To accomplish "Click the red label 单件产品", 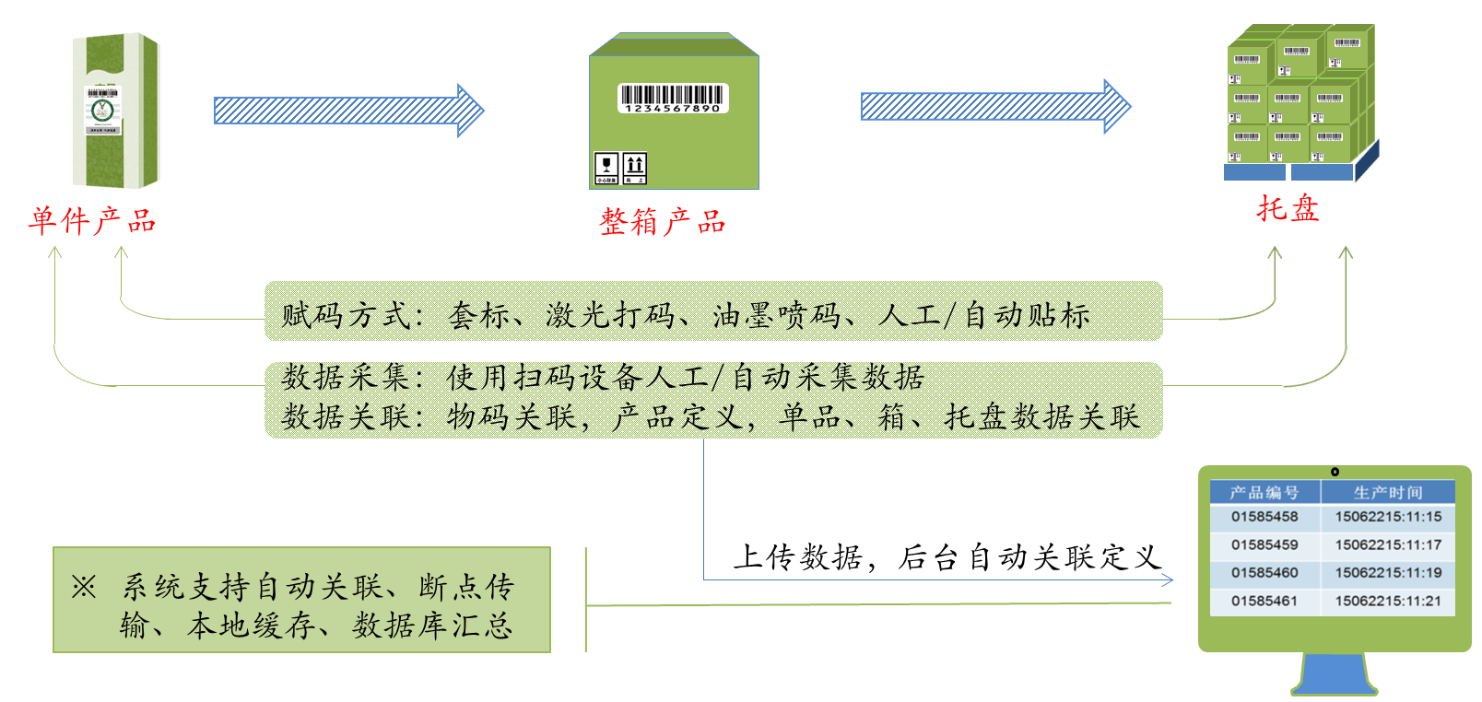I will point(92,221).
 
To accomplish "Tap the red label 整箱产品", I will point(663,222).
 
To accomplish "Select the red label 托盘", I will point(1288,208).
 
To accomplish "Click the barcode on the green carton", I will point(673,97).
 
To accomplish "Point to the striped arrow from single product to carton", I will point(348,111).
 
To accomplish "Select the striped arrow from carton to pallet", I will point(995,107).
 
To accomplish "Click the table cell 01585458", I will point(1264,517).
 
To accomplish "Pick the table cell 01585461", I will point(1264,601).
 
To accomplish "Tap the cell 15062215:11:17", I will point(1388,544).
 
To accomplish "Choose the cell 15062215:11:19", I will point(1388,572).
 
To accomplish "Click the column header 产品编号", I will point(1264,493).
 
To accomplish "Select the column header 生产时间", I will point(1388,493).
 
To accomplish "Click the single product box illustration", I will point(116,111).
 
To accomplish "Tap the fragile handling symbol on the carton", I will point(606,169).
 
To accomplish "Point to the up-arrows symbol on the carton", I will point(635,169).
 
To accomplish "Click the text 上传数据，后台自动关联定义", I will point(947,557).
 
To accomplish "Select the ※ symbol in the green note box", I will point(84,587).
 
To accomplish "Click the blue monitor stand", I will point(1334,675).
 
